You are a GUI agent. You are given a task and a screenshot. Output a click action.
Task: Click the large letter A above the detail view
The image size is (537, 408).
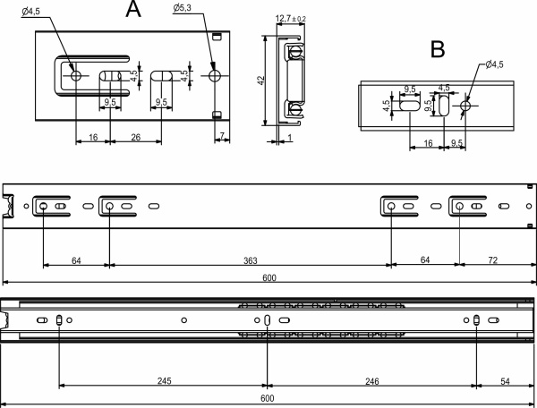coord(133,11)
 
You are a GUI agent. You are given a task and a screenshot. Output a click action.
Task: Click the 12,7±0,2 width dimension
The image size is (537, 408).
coord(290,18)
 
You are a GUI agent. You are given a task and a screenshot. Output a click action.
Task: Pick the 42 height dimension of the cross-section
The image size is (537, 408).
coord(260,81)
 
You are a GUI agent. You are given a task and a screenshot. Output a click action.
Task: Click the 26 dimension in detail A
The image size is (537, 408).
coord(134,137)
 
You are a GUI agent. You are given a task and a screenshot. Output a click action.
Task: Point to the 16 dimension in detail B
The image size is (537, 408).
coord(428,142)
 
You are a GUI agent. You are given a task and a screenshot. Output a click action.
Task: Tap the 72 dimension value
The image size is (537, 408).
coord(490,260)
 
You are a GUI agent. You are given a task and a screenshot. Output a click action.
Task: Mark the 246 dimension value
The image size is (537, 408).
coord(371,380)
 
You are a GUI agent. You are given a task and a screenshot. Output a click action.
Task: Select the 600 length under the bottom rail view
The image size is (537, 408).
coord(267,398)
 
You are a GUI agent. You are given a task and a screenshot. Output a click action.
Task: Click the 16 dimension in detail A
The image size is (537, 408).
coord(92,137)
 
